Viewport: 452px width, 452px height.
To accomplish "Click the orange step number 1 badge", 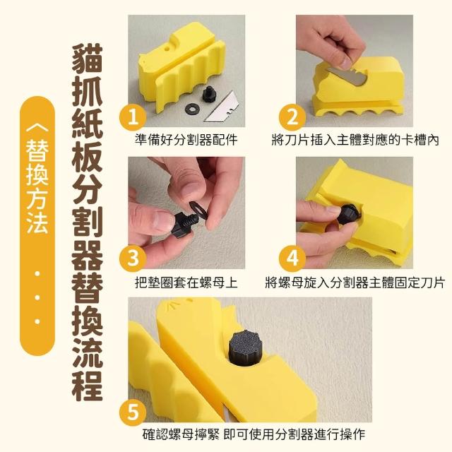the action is point(133,118).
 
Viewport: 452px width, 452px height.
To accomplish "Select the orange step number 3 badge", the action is point(133,258).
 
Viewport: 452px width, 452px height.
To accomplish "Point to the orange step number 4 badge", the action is point(292,258).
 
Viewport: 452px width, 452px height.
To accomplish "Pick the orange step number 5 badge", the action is point(133,412).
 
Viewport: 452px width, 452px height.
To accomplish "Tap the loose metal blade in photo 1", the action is point(221,107).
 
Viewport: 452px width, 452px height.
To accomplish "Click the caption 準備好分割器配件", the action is point(186,141).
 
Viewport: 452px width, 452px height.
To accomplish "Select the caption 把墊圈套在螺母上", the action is point(186,282).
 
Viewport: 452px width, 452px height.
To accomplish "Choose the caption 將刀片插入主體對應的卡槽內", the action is point(355,141).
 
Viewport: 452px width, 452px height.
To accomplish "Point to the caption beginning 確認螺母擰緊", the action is point(254,434).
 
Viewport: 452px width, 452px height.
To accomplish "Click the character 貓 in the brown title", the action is point(88,59).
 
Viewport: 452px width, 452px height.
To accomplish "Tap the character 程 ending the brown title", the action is point(88,386).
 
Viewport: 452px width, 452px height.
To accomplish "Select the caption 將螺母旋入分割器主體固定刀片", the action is point(355,282).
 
